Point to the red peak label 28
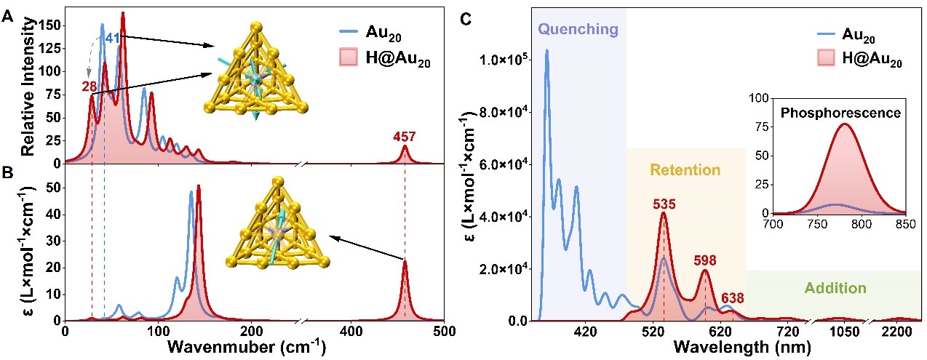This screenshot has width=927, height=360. pyautogui.click(x=89, y=87)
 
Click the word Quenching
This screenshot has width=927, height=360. pyautogui.click(x=578, y=30)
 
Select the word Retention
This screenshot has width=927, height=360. pyautogui.click(x=685, y=170)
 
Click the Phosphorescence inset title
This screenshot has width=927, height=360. pyautogui.click(x=840, y=113)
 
